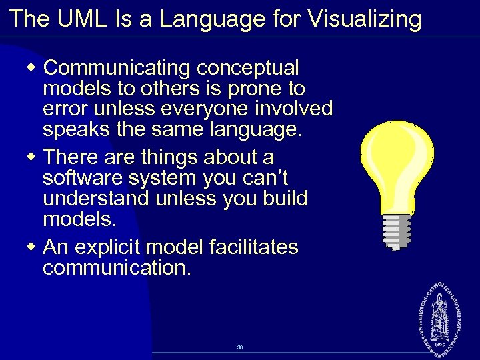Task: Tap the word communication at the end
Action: [116, 268]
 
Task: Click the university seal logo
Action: [439, 313]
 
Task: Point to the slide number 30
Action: [239, 347]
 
